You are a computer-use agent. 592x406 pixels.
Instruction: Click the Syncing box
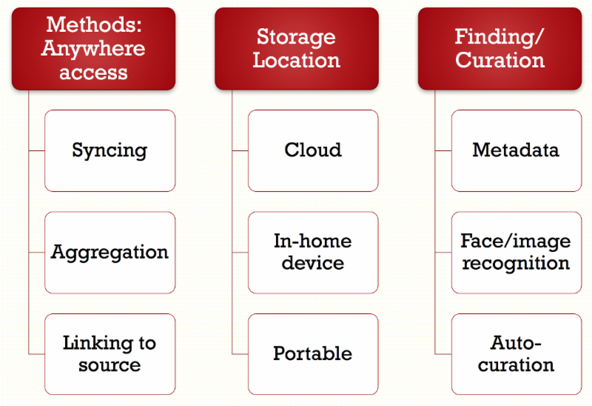click(110, 150)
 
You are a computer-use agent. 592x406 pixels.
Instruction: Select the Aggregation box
click(110, 252)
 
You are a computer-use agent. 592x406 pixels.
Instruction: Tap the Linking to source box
click(110, 353)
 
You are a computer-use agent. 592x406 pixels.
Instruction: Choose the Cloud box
click(313, 150)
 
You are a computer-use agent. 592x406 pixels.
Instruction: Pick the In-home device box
click(313, 252)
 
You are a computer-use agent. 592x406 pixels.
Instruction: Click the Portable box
click(313, 353)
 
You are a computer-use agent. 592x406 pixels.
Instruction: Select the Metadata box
click(516, 150)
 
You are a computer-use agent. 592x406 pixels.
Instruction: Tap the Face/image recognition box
click(516, 252)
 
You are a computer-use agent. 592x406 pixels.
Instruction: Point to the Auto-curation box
click(516, 353)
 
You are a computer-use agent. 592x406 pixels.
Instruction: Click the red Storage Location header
click(296, 48)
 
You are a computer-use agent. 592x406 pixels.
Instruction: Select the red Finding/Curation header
click(499, 48)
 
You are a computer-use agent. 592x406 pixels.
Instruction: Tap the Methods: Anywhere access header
click(93, 48)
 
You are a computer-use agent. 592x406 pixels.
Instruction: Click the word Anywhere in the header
click(93, 48)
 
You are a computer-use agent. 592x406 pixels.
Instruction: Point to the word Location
click(296, 60)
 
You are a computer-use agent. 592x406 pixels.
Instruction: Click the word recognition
click(516, 263)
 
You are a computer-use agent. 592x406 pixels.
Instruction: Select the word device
click(313, 263)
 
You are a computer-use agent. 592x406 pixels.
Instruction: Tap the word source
click(110, 365)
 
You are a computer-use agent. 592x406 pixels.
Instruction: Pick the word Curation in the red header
click(499, 60)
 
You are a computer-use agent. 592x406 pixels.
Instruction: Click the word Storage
click(296, 36)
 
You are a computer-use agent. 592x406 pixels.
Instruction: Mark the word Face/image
click(516, 241)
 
